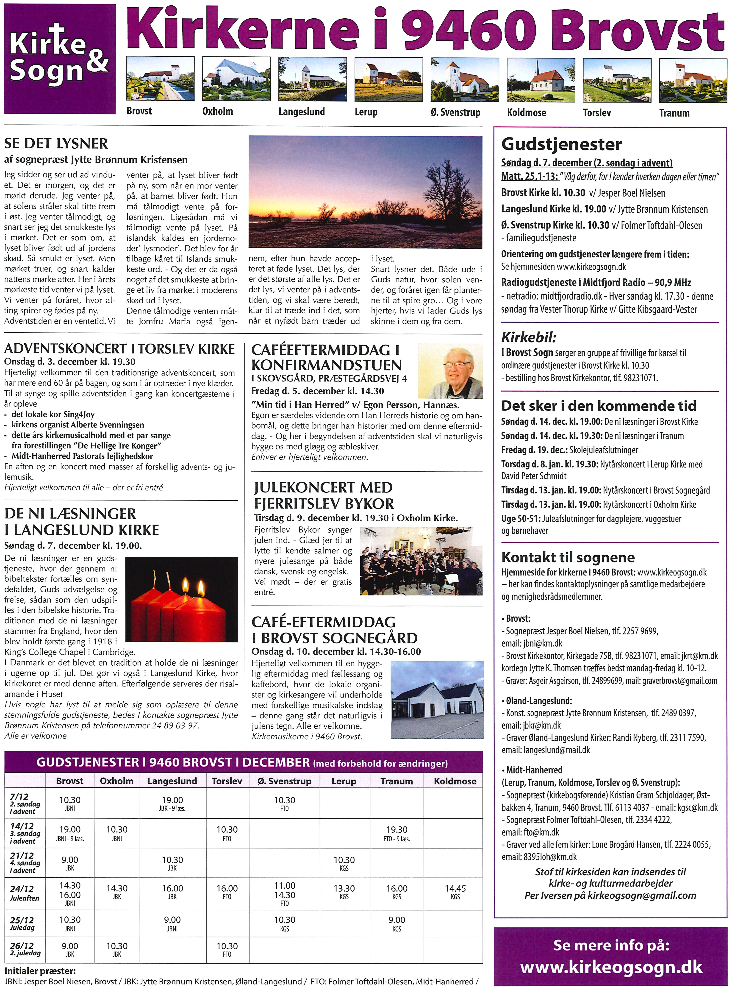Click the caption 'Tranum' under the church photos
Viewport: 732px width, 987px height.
pyautogui.click(x=674, y=113)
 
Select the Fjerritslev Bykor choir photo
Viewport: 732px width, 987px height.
pyautogui.click(x=422, y=561)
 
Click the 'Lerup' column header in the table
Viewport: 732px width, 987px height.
pyautogui.click(x=344, y=781)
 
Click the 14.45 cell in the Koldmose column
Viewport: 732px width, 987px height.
pyautogui.click(x=455, y=889)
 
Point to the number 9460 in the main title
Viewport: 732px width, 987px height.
pyautogui.click(x=470, y=30)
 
